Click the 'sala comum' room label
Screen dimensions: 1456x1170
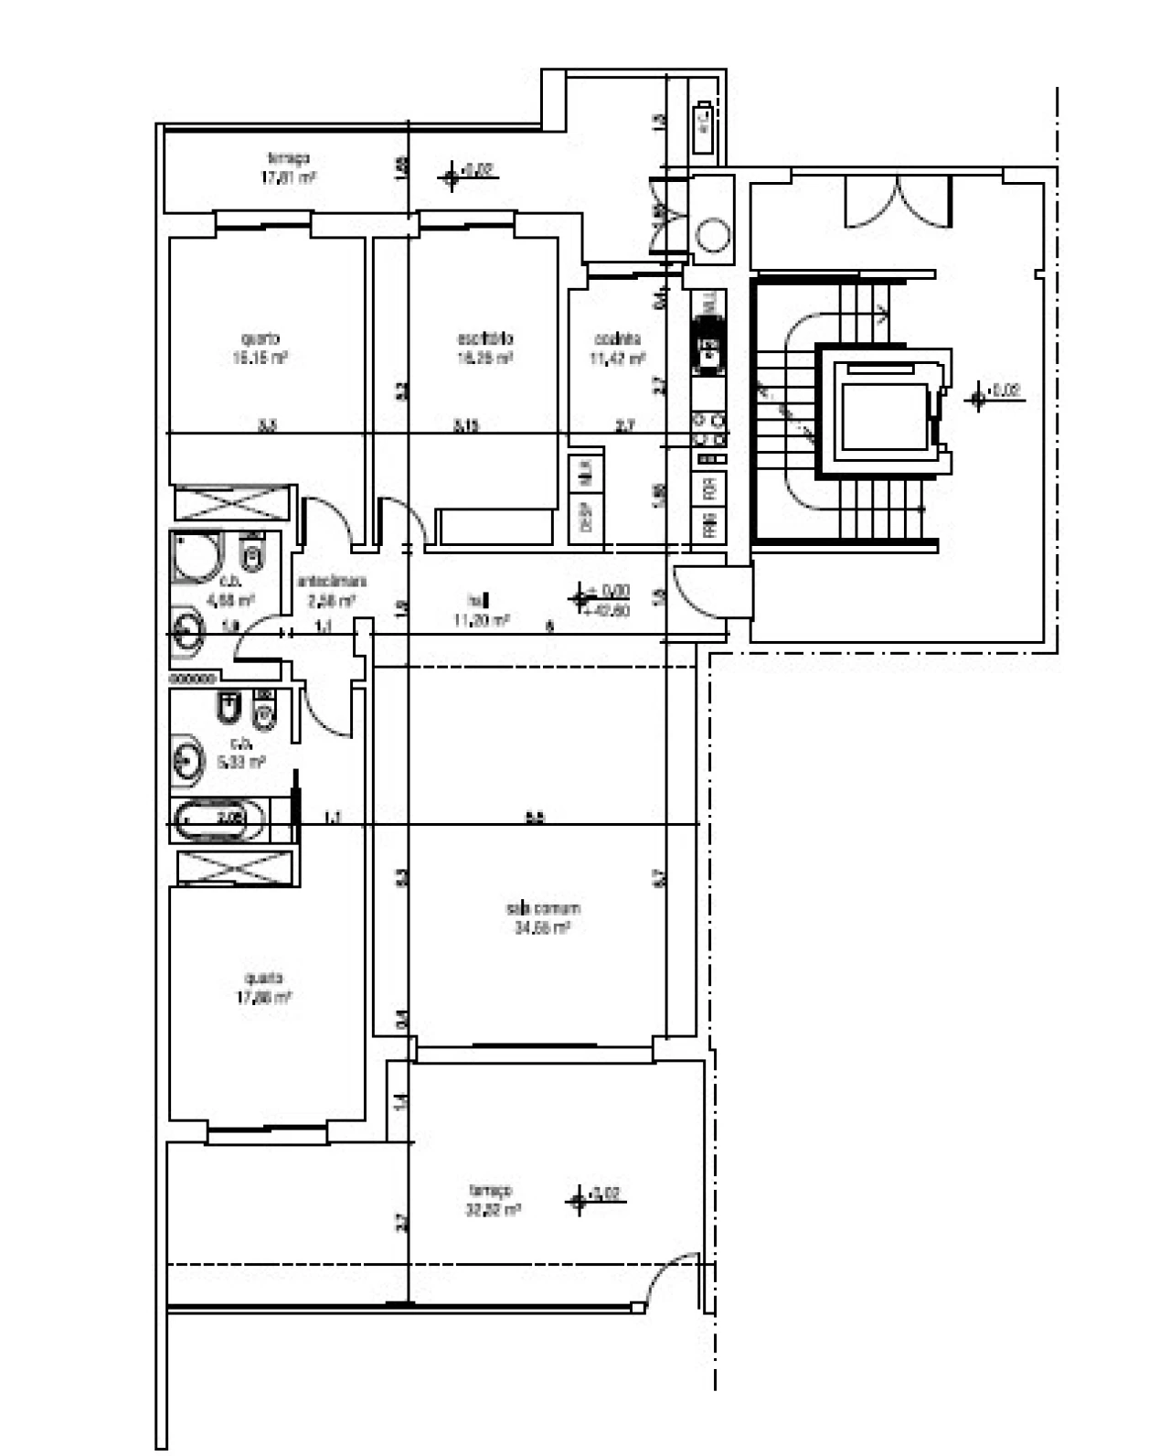coord(543,908)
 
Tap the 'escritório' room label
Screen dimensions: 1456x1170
coord(484,338)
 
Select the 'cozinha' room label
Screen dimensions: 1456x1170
coord(617,339)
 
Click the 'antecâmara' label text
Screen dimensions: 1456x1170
coord(332,582)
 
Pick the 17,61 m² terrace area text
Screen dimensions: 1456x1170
coord(288,177)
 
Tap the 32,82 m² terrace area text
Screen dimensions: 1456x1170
coord(493,1209)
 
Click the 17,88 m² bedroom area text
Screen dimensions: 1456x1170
coord(264,997)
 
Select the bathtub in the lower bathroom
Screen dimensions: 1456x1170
coord(219,819)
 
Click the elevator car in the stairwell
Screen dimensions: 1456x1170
coord(883,417)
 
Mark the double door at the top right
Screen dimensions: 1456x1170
coord(898,201)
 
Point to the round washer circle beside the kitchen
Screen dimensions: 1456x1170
coord(713,235)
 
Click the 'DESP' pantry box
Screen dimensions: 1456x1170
coord(586,518)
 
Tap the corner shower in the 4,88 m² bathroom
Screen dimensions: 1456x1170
coord(196,556)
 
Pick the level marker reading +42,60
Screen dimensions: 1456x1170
coord(610,610)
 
